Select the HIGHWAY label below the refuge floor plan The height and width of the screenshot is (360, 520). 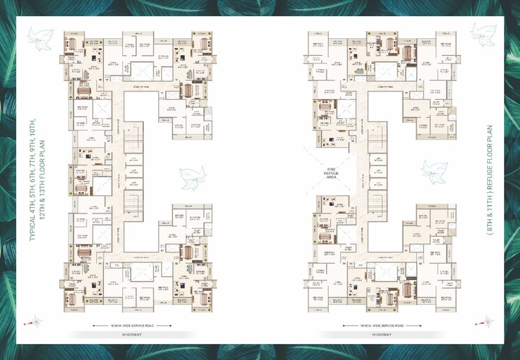[x=382, y=334]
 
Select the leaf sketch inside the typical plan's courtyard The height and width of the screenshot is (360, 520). [x=191, y=179]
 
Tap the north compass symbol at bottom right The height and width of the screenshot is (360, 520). [x=482, y=322]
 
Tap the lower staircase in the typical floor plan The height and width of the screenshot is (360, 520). [x=132, y=209]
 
